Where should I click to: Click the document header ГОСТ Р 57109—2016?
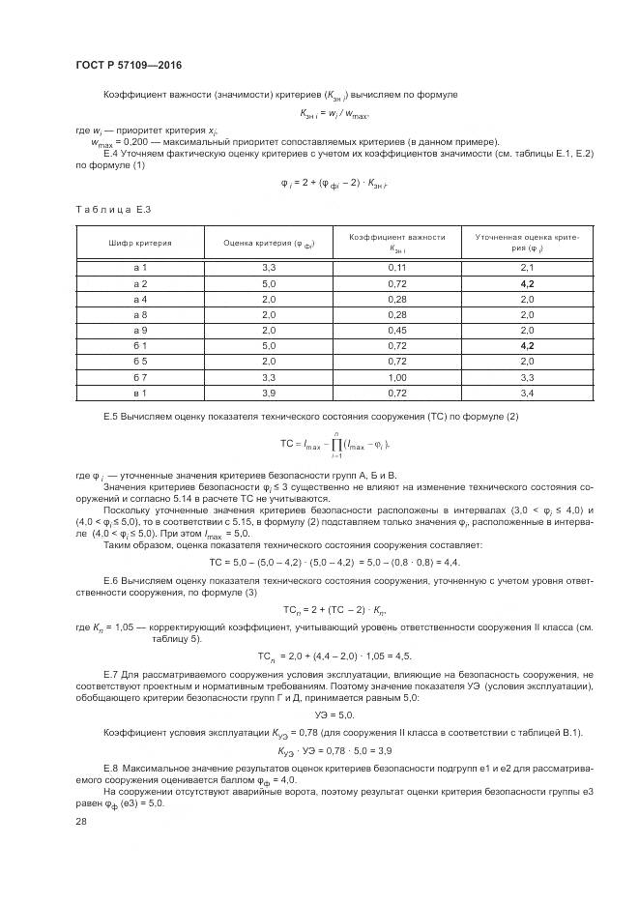[129, 65]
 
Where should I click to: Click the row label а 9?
[139, 330]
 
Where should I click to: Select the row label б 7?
[139, 377]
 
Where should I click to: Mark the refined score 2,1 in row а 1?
[527, 267]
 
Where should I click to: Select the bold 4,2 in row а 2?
[527, 282]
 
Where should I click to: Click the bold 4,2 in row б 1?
[527, 345]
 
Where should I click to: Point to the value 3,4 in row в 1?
[527, 393]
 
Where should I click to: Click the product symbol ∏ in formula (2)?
[335, 443]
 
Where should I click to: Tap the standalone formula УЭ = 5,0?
[334, 714]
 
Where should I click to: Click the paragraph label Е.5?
[109, 416]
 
